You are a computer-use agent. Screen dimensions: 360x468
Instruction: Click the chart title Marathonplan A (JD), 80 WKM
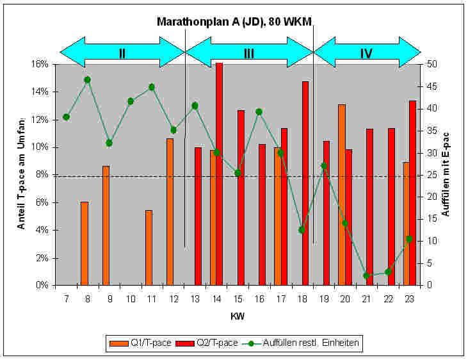click(234, 21)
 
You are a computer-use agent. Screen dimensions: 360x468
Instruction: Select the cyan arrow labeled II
click(122, 53)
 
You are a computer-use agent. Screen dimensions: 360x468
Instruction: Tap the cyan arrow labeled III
click(249, 53)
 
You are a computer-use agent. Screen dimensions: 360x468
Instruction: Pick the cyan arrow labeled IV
click(366, 53)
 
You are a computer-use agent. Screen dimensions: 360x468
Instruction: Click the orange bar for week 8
click(85, 243)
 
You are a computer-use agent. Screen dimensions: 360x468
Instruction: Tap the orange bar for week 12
click(170, 211)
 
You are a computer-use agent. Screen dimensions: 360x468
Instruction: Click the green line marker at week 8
click(88, 79)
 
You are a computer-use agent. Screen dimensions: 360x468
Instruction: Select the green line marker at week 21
click(366, 275)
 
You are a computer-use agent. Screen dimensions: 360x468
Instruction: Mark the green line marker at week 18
click(302, 230)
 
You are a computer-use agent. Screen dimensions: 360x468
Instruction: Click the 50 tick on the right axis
click(433, 64)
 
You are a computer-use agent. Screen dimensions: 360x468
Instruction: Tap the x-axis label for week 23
click(409, 299)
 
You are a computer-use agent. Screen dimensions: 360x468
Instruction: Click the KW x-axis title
click(237, 316)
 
